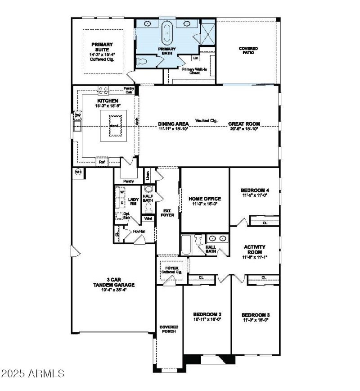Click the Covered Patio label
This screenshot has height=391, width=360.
pos(248,50)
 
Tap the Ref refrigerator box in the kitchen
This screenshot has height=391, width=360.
pos(102,161)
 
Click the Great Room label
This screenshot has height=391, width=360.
pos(243,123)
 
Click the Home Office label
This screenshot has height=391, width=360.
pos(204,199)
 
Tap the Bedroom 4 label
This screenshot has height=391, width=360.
pos(255,191)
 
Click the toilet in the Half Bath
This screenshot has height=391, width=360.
pos(148,207)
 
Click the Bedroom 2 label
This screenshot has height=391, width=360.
pos(207,314)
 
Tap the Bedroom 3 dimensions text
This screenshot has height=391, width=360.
pos(255,320)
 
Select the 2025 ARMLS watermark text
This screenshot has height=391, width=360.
pos(33,373)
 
